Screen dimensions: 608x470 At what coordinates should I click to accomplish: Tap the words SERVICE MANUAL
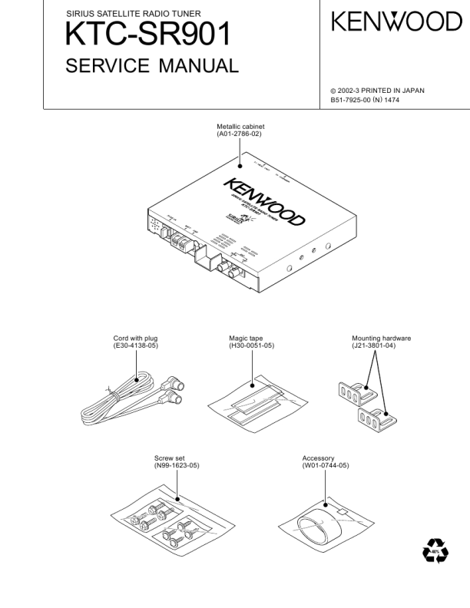(151, 68)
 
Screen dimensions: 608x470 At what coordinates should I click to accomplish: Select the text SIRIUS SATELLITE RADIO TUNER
(123, 14)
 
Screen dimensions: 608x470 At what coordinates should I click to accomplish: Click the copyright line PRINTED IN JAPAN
(381, 91)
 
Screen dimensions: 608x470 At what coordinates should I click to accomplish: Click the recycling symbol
(435, 552)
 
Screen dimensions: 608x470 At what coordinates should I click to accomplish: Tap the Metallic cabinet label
(241, 127)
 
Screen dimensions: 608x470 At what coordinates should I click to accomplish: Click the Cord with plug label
(136, 339)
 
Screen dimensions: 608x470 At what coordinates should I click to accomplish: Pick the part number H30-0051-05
(251, 346)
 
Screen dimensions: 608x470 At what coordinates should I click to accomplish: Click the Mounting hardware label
(381, 339)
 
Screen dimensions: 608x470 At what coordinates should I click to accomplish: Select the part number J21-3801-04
(381, 346)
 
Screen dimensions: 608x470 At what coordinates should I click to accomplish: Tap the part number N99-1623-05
(177, 466)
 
